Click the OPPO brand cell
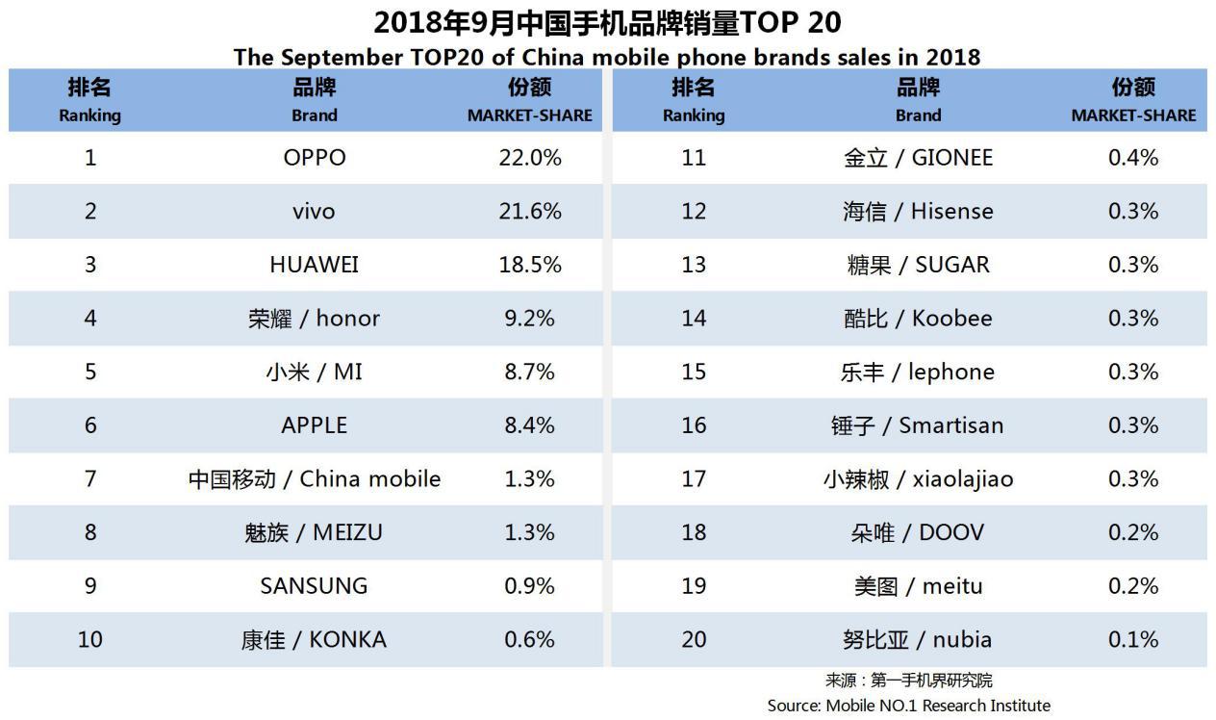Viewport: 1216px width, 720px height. pyautogui.click(x=315, y=158)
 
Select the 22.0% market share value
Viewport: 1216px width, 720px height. pyautogui.click(x=529, y=158)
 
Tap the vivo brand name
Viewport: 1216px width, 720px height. pyautogui.click(x=315, y=211)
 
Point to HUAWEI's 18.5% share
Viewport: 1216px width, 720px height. pyautogui.click(x=529, y=265)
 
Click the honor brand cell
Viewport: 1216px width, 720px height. pyautogui.click(x=315, y=319)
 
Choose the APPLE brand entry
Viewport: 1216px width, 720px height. pyautogui.click(x=315, y=425)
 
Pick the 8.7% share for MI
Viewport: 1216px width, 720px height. pyautogui.click(x=529, y=372)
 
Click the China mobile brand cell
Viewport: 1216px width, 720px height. pyautogui.click(x=315, y=478)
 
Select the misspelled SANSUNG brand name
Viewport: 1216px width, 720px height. pyautogui.click(x=315, y=585)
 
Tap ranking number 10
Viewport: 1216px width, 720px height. pyautogui.click(x=90, y=639)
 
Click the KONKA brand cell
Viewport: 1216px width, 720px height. pyautogui.click(x=315, y=639)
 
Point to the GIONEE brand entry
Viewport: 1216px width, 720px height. pyautogui.click(x=918, y=158)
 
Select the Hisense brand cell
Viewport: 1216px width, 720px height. pyautogui.click(x=918, y=211)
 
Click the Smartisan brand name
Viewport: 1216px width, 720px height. pyautogui.click(x=918, y=425)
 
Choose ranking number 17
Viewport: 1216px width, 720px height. pyautogui.click(x=694, y=478)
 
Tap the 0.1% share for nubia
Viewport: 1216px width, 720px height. pyautogui.click(x=1133, y=639)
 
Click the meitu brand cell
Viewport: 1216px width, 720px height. pyautogui.click(x=918, y=585)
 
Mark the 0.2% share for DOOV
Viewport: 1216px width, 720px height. pyautogui.click(x=1133, y=532)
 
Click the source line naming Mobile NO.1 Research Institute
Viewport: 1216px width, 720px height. pyautogui.click(x=908, y=706)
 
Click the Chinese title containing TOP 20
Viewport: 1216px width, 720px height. pyautogui.click(x=607, y=21)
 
